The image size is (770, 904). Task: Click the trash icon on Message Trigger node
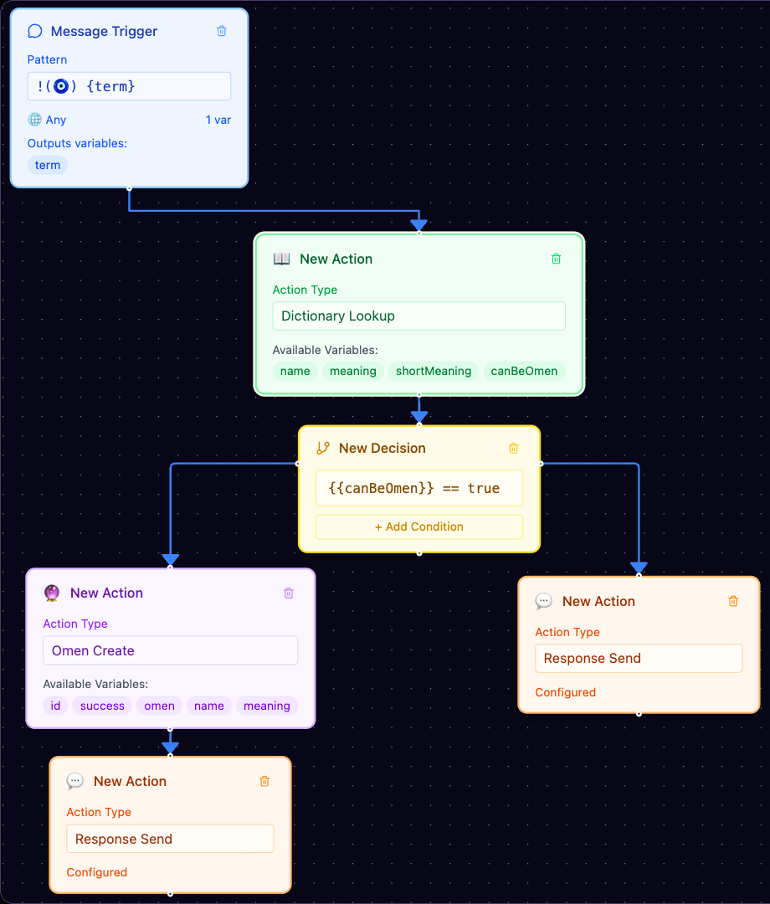(221, 31)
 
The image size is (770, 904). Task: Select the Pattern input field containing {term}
(129, 86)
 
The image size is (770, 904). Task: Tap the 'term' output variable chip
(47, 165)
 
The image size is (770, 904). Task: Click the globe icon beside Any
(34, 120)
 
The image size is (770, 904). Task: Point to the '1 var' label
(218, 120)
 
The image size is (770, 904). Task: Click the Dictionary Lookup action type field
(419, 316)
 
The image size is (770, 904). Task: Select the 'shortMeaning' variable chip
(434, 372)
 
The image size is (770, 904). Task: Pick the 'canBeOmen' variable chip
(524, 372)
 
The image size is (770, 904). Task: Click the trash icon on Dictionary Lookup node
(557, 259)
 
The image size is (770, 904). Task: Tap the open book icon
(282, 259)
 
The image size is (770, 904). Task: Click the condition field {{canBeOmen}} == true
(419, 488)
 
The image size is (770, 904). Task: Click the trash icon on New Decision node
(514, 448)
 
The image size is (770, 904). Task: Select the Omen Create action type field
(171, 650)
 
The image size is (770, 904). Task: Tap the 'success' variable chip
(102, 706)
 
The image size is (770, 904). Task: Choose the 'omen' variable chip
(159, 706)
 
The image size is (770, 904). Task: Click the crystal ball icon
(52, 593)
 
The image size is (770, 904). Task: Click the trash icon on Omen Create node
(289, 593)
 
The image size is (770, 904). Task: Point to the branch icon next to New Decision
(323, 448)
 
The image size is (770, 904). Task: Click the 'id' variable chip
(55, 706)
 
